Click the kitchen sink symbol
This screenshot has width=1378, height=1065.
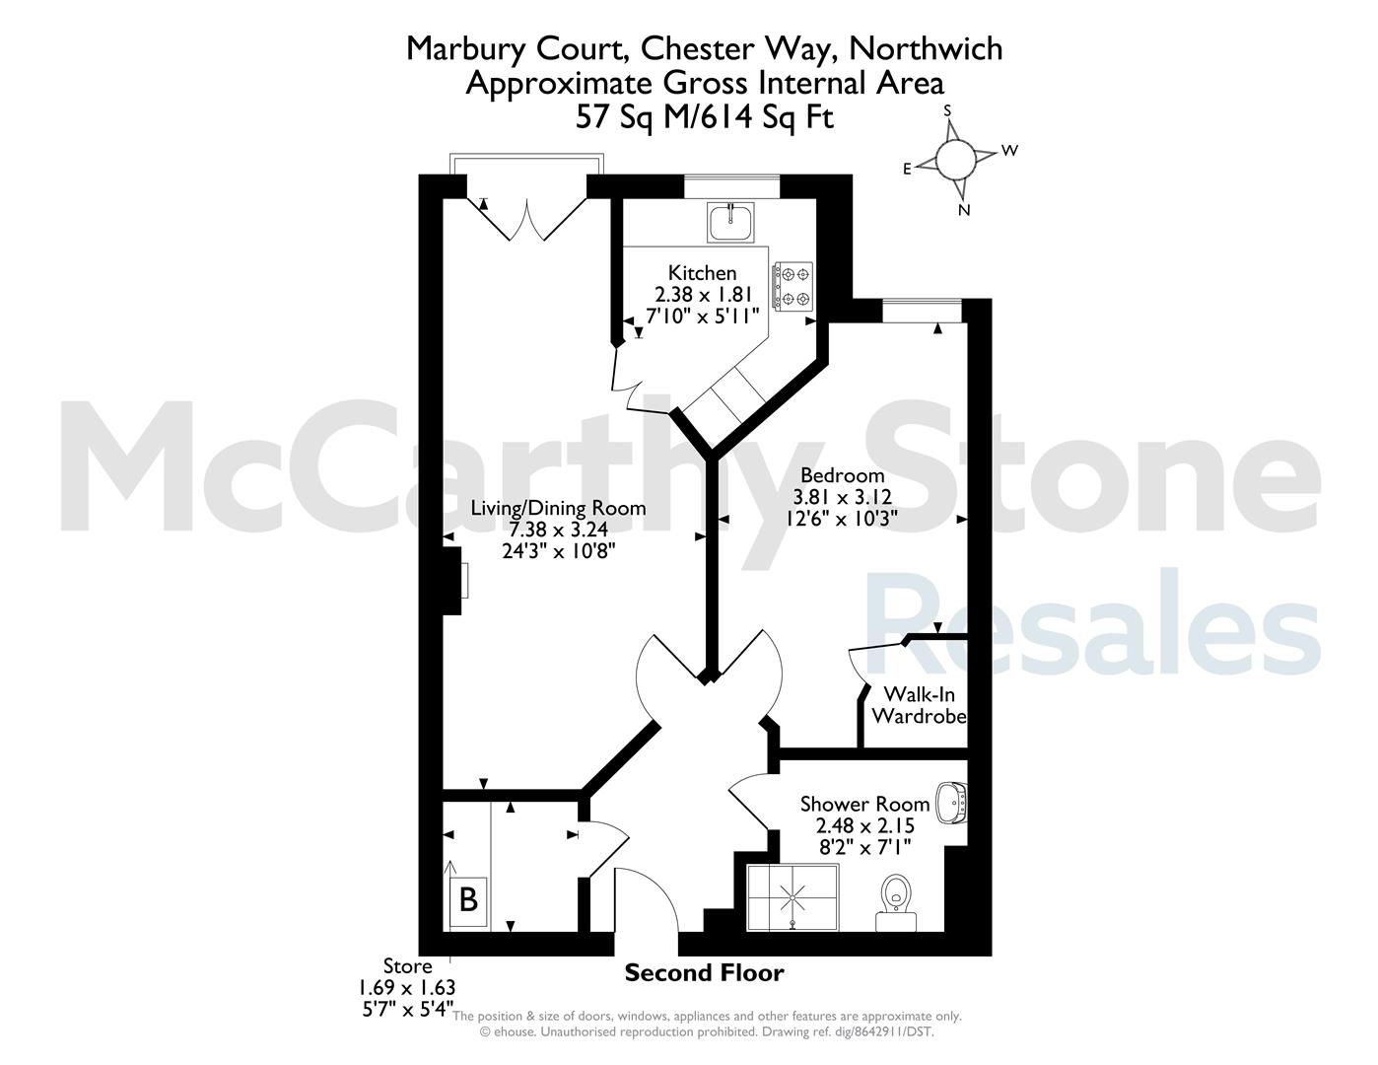point(730,222)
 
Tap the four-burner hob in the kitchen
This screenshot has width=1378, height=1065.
point(792,286)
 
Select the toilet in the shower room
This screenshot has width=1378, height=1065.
point(896,902)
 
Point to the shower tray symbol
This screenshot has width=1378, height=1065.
point(792,897)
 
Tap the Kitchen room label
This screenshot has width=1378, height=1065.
point(702,273)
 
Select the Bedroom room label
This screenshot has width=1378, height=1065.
point(842,475)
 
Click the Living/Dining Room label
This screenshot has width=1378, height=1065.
point(558,508)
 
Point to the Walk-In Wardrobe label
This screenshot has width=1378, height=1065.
point(919,705)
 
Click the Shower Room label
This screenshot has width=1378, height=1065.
point(865,804)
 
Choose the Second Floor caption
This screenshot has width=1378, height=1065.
point(705,972)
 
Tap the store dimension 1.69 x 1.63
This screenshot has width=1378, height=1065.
point(407,988)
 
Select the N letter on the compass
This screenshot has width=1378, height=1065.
point(964,210)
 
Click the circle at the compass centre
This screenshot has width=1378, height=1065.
point(956,159)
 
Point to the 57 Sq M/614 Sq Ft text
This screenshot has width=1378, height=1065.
point(704,117)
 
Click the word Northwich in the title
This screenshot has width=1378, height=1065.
point(926,49)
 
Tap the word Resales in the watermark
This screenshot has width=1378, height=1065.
point(1093,622)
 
